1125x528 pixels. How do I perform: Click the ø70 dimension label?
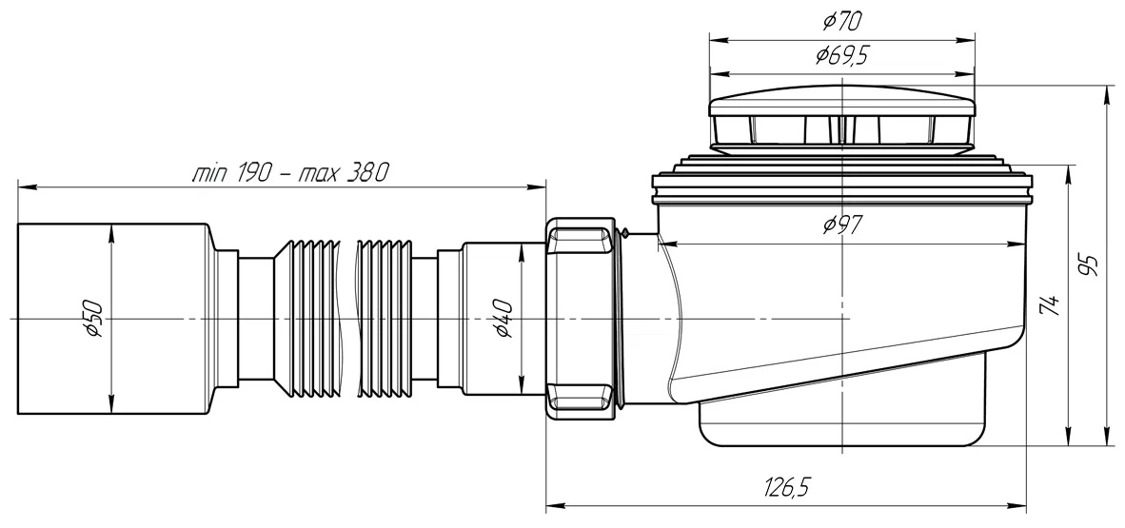[841, 23]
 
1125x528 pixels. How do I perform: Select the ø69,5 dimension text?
[841, 56]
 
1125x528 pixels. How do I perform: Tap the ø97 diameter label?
[842, 226]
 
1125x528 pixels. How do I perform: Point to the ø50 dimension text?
[94, 320]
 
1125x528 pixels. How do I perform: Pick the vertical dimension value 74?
[1049, 304]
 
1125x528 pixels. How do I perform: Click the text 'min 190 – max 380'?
[290, 173]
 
